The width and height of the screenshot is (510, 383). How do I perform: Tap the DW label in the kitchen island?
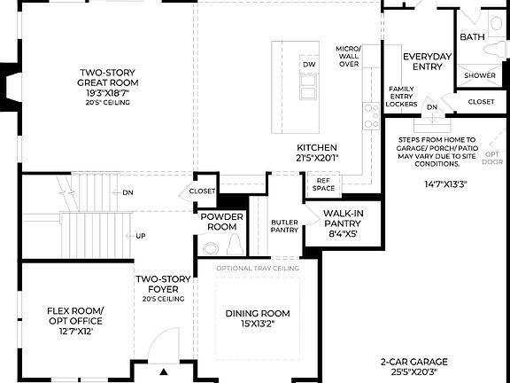click(x=308, y=66)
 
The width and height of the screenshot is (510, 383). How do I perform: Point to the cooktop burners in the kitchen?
click(x=372, y=114)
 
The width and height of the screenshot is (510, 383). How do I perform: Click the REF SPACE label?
click(x=323, y=184)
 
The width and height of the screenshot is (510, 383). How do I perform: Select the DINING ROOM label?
click(x=258, y=318)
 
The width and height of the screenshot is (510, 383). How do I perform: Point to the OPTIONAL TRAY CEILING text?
click(x=258, y=268)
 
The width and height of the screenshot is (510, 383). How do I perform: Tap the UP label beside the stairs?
click(x=141, y=237)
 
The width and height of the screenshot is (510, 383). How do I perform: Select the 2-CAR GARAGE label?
click(x=414, y=366)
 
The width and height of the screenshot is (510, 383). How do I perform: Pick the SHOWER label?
click(x=481, y=76)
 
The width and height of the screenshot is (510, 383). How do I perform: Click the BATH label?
click(x=472, y=36)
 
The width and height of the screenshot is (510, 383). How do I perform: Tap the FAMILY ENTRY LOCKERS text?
click(x=402, y=97)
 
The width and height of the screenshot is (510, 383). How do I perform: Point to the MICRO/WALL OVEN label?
click(x=348, y=55)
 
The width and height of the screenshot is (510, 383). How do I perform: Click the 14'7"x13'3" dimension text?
click(x=446, y=184)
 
